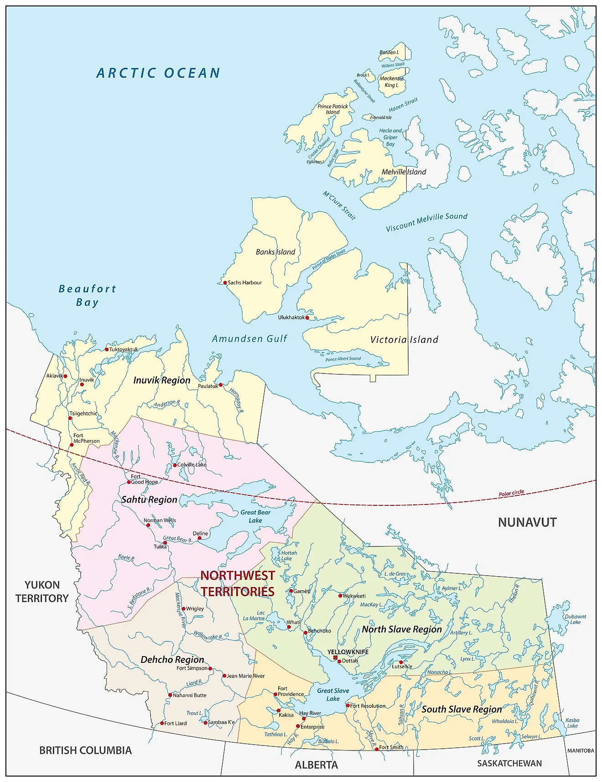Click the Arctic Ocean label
(158, 73)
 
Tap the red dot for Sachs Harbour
(225, 283)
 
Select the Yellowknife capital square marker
(335, 658)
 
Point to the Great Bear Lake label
(255, 516)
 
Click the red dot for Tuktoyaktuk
(107, 350)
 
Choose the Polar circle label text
(511, 493)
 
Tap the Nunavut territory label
(527, 522)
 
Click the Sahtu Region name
(149, 499)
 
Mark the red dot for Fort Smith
(377, 749)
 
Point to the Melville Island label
(404, 172)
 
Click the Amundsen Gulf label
(249, 339)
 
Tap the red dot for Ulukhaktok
(307, 318)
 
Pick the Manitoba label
(581, 751)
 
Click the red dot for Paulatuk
(221, 385)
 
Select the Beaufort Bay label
(87, 295)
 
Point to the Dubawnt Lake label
(575, 619)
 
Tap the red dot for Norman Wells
(148, 525)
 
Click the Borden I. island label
(389, 52)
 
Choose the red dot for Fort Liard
(162, 723)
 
